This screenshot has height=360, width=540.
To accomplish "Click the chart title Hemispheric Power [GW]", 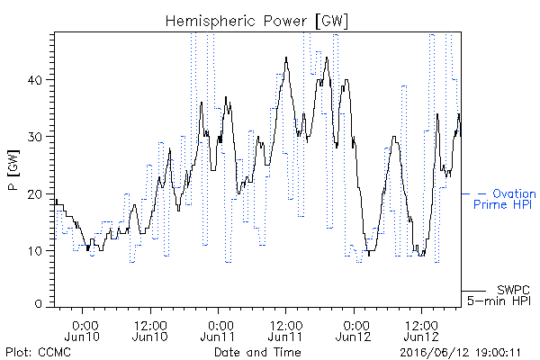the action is [x=256, y=22].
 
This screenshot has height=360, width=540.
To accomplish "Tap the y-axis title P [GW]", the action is [x=13, y=170].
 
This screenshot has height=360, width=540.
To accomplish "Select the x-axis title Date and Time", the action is [x=257, y=353].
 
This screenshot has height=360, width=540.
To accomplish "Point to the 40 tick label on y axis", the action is [x=35, y=80].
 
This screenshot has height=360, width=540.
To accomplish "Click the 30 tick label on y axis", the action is [x=35, y=137].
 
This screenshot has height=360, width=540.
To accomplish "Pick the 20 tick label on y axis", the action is [x=35, y=194].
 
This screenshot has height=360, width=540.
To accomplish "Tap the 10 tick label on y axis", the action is [x=35, y=251].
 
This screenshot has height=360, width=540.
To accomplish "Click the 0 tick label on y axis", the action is [x=39, y=304].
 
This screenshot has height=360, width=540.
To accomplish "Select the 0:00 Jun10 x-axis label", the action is [x=82, y=331].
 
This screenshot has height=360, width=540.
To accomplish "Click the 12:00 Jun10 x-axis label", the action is [x=150, y=331].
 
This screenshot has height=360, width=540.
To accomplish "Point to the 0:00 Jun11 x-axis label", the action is [x=218, y=331].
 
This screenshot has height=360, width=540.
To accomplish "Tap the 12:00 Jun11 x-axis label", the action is [x=285, y=331].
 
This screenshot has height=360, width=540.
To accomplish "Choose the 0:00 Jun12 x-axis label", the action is [x=354, y=331].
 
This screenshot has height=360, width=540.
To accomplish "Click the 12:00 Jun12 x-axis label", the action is [x=421, y=331].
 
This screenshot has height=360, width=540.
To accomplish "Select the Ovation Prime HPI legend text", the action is [x=505, y=199].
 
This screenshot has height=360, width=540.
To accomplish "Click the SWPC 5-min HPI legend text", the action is [x=499, y=295].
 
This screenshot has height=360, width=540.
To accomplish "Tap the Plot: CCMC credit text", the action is [x=38, y=353].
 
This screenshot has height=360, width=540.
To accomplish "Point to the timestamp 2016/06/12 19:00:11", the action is [x=460, y=353].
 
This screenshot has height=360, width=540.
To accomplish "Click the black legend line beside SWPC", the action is [x=473, y=291].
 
